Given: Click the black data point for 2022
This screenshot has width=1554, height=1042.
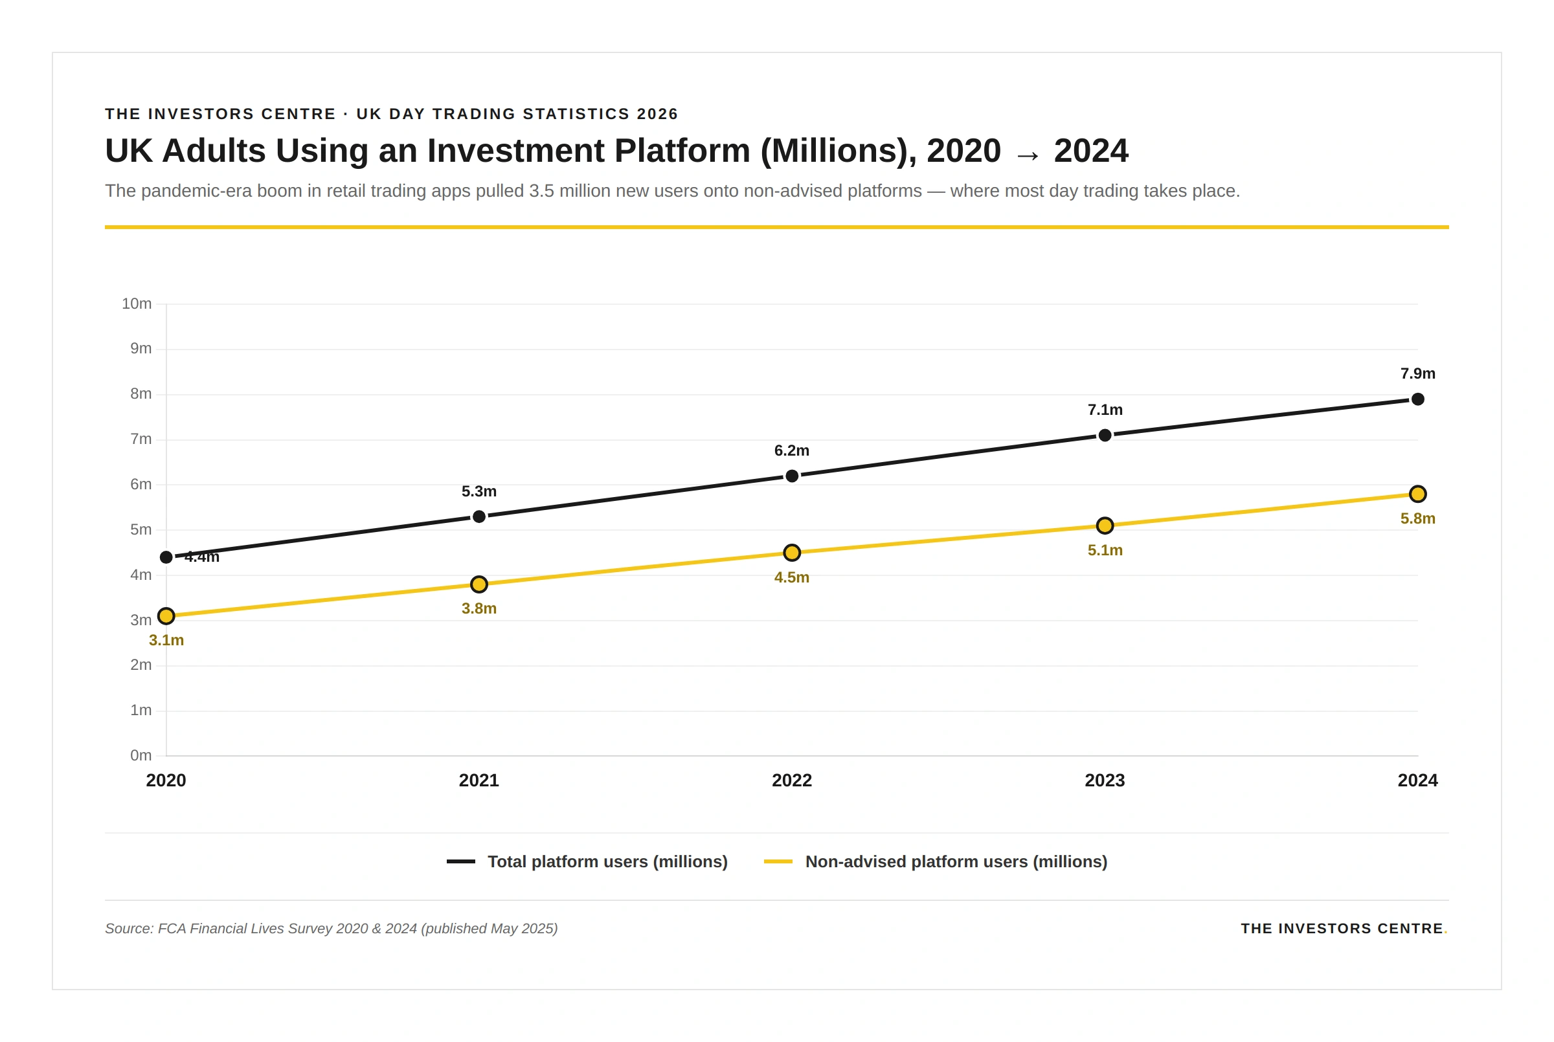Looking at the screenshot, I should (792, 476).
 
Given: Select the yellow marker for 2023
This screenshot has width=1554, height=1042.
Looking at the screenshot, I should (1105, 526).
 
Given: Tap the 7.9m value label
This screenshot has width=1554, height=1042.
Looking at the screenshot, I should (1417, 373).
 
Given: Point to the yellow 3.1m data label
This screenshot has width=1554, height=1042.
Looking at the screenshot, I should (166, 640).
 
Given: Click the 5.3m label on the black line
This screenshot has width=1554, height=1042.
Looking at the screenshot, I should (479, 491).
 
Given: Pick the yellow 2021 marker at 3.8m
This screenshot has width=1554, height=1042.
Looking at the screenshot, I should (479, 584).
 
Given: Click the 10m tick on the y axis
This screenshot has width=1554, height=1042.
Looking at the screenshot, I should (136, 304).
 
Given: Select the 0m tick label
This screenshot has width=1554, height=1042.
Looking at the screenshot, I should (141, 755).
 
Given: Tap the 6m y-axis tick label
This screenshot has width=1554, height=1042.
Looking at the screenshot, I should (141, 485).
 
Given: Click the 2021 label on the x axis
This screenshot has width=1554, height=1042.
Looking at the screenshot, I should (479, 780).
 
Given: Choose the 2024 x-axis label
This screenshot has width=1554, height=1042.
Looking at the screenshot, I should (1417, 780).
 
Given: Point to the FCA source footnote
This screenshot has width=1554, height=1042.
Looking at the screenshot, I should (331, 928).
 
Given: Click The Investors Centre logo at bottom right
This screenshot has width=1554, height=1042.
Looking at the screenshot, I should (1343, 928).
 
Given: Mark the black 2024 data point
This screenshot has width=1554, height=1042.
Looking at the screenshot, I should (1417, 399).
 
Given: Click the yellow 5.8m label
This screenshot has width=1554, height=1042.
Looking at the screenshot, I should (1417, 518).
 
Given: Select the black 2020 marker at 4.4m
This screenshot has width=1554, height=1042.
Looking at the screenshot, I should (166, 557).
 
